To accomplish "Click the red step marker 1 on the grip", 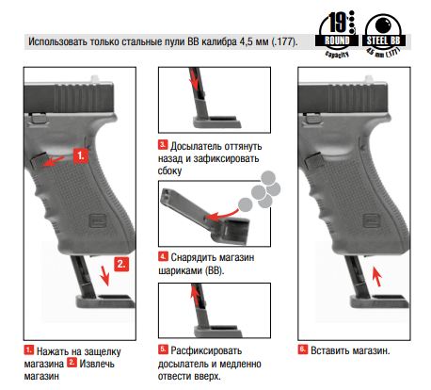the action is (x=81, y=155).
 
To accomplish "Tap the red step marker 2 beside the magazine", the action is (x=121, y=265).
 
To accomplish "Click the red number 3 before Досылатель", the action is (x=163, y=145).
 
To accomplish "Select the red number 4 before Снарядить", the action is (x=163, y=256).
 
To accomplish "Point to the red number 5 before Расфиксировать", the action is (x=163, y=349).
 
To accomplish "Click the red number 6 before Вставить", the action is (x=303, y=349).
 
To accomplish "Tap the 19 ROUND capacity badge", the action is (x=337, y=34).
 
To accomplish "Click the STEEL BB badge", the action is (x=383, y=35).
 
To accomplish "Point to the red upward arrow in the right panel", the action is (x=377, y=276).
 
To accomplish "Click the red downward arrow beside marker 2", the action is (x=104, y=275).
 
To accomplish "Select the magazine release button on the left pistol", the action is (x=39, y=160).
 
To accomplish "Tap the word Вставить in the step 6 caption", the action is (x=329, y=350).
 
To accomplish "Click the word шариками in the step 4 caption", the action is (x=180, y=270).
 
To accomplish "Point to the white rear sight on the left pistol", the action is (x=95, y=79).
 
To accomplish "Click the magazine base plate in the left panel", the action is (x=105, y=301).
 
